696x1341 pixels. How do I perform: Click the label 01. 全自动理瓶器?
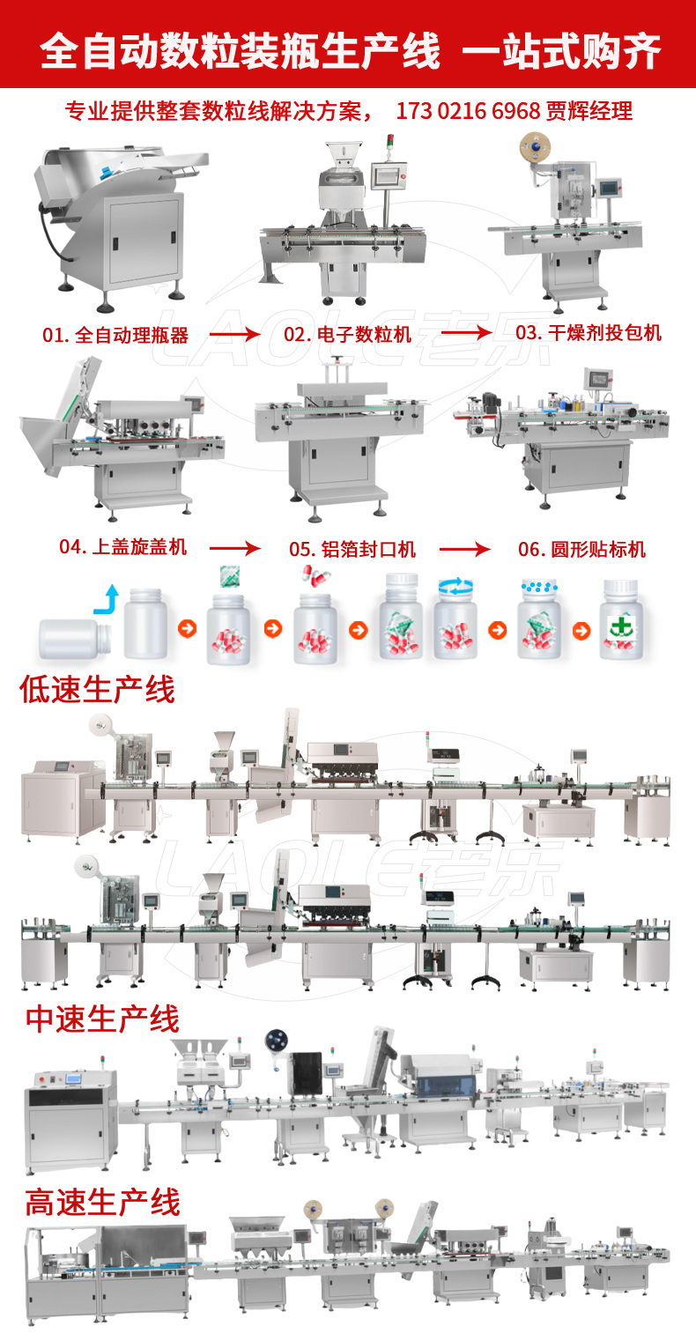click(115, 335)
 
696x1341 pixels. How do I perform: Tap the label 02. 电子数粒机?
click(347, 335)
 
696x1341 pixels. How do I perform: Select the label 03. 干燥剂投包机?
click(588, 332)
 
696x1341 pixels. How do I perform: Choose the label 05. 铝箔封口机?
click(352, 549)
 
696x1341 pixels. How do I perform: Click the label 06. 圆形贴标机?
click(581, 549)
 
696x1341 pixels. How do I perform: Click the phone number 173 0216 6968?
click(468, 111)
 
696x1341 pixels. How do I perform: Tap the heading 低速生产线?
click(98, 689)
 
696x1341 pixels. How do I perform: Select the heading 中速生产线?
click(102, 1019)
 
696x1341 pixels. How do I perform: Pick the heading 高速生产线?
click(102, 1202)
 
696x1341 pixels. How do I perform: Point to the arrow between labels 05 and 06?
click(464, 549)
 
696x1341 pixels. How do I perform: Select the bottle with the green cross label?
click(623, 619)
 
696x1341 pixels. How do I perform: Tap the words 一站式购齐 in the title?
click(562, 51)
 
